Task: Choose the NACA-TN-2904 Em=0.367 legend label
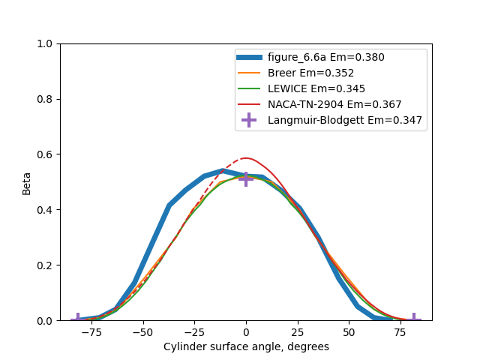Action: tap(334, 104)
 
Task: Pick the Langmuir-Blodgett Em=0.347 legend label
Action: tap(345, 120)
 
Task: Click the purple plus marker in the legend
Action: tap(249, 120)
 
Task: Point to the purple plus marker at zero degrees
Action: tap(246, 178)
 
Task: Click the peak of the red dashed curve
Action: tap(245, 158)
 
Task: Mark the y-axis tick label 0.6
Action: tap(45, 154)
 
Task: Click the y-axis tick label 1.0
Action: tap(45, 43)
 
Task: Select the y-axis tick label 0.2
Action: tap(45, 265)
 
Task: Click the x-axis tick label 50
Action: tap(349, 332)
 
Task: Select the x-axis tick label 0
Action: tap(246, 332)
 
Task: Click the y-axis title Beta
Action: tap(27, 182)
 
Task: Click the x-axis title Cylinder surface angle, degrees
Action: tap(246, 346)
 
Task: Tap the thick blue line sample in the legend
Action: tap(249, 57)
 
